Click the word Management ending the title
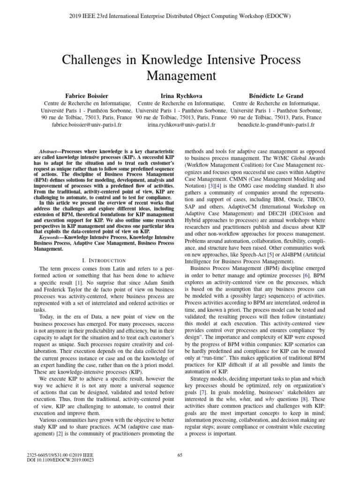coord(180,75)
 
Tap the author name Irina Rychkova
coord(180,95)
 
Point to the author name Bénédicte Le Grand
coord(277,95)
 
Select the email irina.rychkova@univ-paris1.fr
coord(180,126)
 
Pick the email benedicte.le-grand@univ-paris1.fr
coord(277,126)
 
